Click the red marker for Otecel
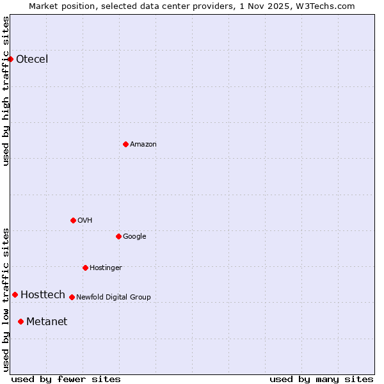click(10, 59)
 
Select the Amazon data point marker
click(125, 144)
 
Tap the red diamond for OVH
click(73, 220)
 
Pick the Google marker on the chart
click(118, 236)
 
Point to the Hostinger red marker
click(85, 268)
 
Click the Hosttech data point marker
click(15, 294)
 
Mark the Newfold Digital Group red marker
click(72, 297)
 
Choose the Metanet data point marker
click(20, 321)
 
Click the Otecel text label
click(32, 60)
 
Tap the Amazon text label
click(143, 145)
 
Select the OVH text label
click(84, 221)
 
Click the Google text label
click(134, 237)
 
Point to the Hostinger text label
click(106, 268)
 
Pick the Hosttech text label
click(43, 295)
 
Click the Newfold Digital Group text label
click(113, 298)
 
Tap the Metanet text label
click(47, 322)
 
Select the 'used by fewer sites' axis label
click(66, 380)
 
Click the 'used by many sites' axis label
click(321, 380)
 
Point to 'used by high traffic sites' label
click(6, 91)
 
